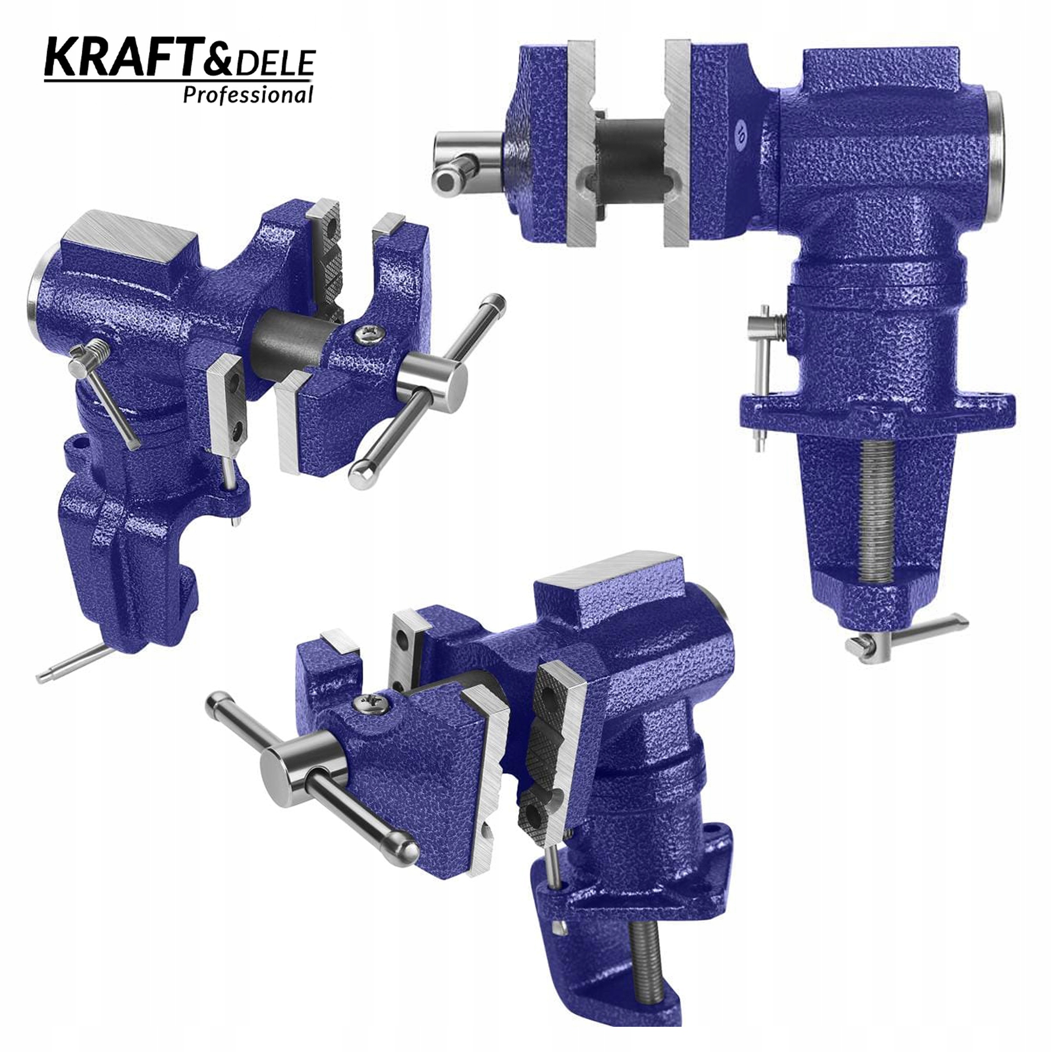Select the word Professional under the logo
click(x=248, y=95)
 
